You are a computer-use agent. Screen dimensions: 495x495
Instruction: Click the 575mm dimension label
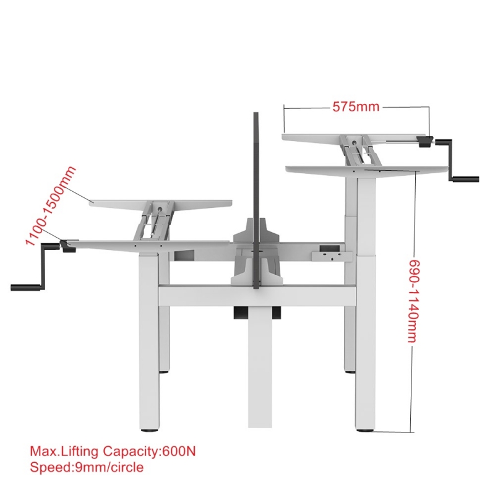[356, 106]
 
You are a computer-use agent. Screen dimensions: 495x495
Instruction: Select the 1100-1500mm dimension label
[51, 206]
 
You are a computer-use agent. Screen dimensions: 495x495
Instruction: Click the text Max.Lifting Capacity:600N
[113, 451]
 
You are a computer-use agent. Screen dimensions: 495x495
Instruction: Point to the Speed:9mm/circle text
[87, 467]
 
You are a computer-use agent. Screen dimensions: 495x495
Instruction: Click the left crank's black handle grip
[25, 287]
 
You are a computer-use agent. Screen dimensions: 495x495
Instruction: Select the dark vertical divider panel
[256, 200]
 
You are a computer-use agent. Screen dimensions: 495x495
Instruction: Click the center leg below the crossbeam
[259, 367]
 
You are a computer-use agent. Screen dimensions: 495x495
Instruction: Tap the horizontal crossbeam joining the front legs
[257, 296]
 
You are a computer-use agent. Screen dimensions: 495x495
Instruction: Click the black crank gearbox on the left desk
[67, 246]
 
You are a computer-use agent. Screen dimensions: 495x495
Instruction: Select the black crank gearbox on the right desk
[424, 142]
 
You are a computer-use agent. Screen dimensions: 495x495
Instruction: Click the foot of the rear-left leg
[164, 372]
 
